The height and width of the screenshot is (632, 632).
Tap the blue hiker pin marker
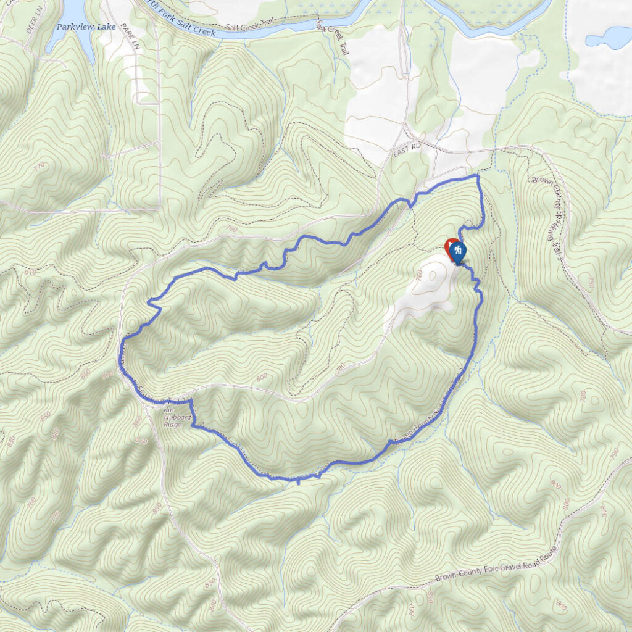457,251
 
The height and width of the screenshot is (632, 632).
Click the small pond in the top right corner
608,39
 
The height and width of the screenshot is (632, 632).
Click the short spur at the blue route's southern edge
299,481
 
